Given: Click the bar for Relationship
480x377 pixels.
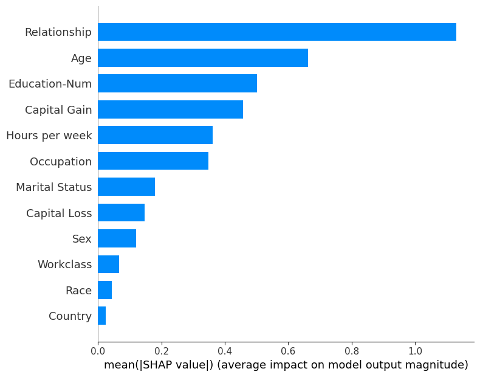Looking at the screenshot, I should tap(276, 32).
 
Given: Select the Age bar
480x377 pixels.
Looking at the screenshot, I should tap(203, 58).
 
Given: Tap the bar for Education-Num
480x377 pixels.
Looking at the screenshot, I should tap(177, 83).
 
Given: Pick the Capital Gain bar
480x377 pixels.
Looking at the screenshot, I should tap(170, 109).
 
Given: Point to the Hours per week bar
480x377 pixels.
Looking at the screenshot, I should tap(155, 135).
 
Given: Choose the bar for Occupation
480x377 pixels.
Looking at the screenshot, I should tap(153, 161).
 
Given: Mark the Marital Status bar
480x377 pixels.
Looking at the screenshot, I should tap(126, 187).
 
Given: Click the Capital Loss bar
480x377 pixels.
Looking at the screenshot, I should tap(121, 213).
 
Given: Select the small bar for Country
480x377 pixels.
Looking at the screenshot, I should tap(102, 316).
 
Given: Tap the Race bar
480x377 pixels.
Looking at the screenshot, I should tap(105, 290).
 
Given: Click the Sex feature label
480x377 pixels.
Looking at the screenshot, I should tap(82, 239).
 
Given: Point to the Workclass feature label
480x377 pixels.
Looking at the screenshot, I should tap(64, 265).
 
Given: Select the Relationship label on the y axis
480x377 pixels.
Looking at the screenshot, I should tap(58, 32).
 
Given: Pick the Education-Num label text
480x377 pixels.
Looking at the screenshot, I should tap(50, 84).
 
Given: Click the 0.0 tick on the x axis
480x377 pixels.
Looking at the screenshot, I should tap(98, 351).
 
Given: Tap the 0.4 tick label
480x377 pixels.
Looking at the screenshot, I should tap(225, 351).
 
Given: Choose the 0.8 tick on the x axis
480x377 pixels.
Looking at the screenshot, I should tap(352, 351).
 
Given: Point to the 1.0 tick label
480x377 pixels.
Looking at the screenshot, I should tap(415, 351).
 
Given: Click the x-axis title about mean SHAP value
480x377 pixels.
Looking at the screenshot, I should tap(286, 365).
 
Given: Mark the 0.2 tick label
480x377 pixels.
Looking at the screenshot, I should tap(162, 351).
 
